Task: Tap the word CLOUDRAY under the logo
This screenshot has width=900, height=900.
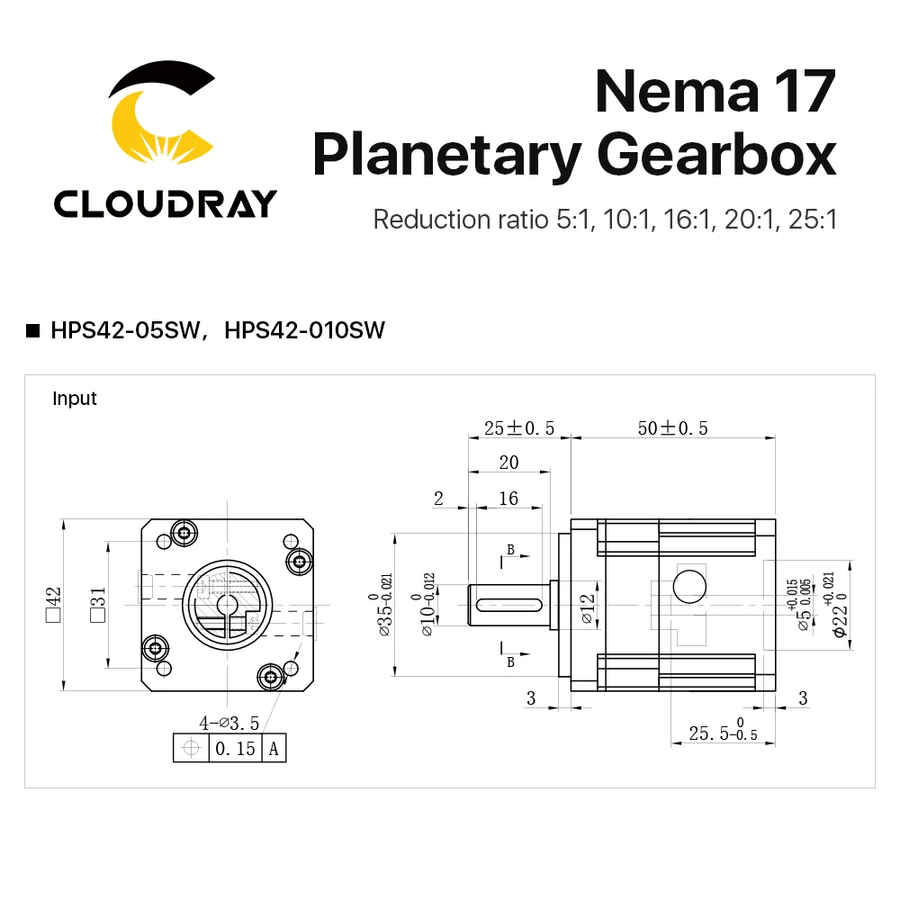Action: click(x=165, y=204)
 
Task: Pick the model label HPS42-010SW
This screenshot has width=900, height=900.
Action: click(x=304, y=330)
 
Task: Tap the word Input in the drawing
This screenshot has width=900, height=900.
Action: click(x=75, y=398)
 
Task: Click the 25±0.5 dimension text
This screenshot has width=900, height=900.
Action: click(x=518, y=428)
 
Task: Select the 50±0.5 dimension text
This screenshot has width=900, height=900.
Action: click(x=672, y=428)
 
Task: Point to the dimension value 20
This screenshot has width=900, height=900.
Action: click(x=508, y=463)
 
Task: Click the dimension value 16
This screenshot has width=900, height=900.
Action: click(x=508, y=499)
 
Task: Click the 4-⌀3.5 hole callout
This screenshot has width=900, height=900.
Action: click(x=229, y=723)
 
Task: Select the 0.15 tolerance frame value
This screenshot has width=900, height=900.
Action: click(x=235, y=748)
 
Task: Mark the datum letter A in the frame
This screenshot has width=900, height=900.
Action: click(x=274, y=748)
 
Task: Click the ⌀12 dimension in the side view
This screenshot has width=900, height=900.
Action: click(x=586, y=609)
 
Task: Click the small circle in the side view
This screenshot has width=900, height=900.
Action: click(x=689, y=586)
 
